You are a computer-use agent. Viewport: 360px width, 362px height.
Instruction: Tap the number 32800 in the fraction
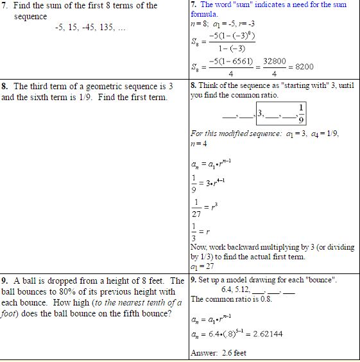pos(274,61)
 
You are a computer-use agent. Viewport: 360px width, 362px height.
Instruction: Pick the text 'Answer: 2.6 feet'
pos(218,353)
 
